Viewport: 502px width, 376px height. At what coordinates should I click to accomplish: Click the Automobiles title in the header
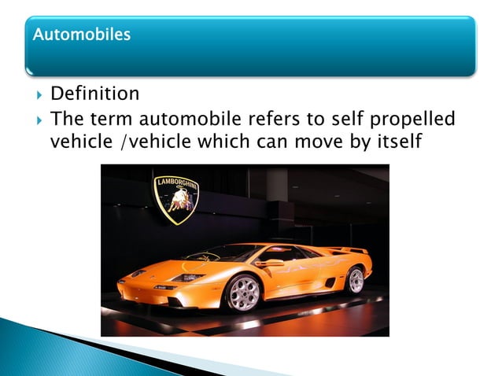tap(81, 35)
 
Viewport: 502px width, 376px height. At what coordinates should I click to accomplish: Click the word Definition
tap(94, 94)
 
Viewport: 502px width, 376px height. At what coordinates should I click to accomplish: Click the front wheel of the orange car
tap(243, 293)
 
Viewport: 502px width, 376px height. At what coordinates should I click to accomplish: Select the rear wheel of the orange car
tap(356, 280)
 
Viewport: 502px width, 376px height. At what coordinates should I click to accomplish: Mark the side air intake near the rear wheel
tap(329, 282)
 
